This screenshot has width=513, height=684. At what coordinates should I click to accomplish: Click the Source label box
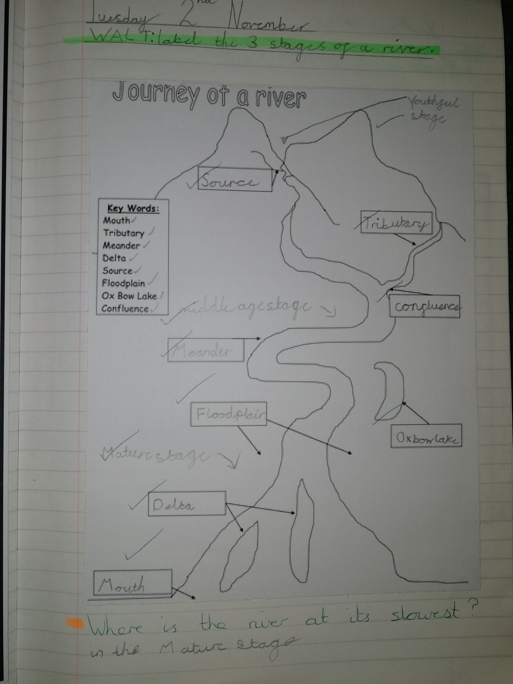click(235, 180)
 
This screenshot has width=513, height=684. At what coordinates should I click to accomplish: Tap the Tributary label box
click(396, 222)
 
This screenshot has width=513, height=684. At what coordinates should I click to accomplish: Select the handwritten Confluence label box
click(424, 306)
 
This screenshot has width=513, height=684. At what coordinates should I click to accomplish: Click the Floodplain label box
click(228, 414)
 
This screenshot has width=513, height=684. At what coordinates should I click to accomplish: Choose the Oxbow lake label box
click(426, 436)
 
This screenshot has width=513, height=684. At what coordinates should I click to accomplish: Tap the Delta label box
click(187, 504)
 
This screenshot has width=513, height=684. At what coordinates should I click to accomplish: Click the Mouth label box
click(132, 582)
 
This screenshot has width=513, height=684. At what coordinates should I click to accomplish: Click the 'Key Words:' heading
click(133, 209)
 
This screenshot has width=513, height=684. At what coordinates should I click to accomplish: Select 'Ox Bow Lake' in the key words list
click(129, 296)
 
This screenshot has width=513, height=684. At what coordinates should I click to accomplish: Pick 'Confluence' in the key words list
click(125, 309)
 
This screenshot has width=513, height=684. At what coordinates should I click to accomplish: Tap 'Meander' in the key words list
click(121, 246)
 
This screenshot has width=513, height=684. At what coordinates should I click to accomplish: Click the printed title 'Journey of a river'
click(209, 96)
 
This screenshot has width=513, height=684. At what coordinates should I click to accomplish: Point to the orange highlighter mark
click(74, 623)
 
